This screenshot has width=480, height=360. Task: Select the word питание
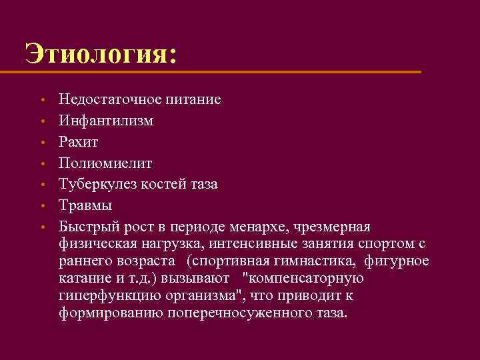[189, 100]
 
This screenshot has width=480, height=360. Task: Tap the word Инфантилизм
[105, 121]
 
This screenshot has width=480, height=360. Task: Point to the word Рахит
[78, 142]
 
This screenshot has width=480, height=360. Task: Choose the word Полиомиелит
[105, 163]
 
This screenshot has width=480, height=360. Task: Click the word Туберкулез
[98, 183]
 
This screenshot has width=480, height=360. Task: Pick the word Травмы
[85, 205]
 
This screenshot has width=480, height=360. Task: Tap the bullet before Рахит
[42, 143]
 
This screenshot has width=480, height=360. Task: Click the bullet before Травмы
[42, 205]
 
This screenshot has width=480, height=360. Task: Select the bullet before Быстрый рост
[42, 227]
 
